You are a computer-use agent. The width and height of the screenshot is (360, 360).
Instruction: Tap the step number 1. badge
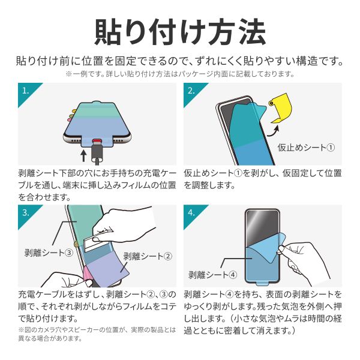(x=25, y=91)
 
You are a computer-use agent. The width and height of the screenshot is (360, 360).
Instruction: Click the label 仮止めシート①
(x=306, y=148)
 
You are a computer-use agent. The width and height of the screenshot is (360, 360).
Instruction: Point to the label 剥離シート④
(x=213, y=275)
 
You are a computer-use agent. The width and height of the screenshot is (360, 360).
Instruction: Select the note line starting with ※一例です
(x=180, y=74)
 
